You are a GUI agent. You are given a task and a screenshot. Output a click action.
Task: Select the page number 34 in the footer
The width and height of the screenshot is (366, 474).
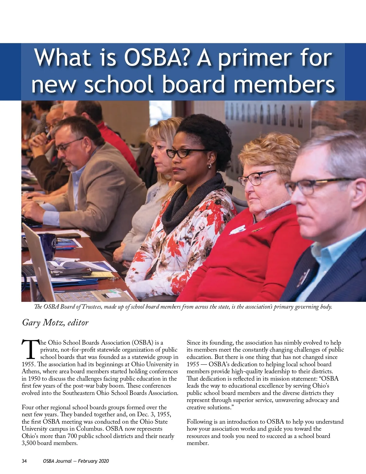24,461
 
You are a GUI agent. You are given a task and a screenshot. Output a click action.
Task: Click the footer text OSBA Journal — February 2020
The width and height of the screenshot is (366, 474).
76,461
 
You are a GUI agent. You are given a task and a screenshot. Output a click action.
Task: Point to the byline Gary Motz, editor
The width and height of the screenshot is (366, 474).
55,323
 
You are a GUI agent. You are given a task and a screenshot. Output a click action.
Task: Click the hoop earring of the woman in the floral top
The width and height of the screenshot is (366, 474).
210,166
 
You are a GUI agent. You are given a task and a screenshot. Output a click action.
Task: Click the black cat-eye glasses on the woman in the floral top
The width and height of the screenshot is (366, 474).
183,153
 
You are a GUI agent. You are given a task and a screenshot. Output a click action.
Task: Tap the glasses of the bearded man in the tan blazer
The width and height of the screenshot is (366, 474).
69,145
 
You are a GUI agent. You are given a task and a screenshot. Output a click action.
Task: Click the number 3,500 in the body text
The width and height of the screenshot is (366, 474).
29,443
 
